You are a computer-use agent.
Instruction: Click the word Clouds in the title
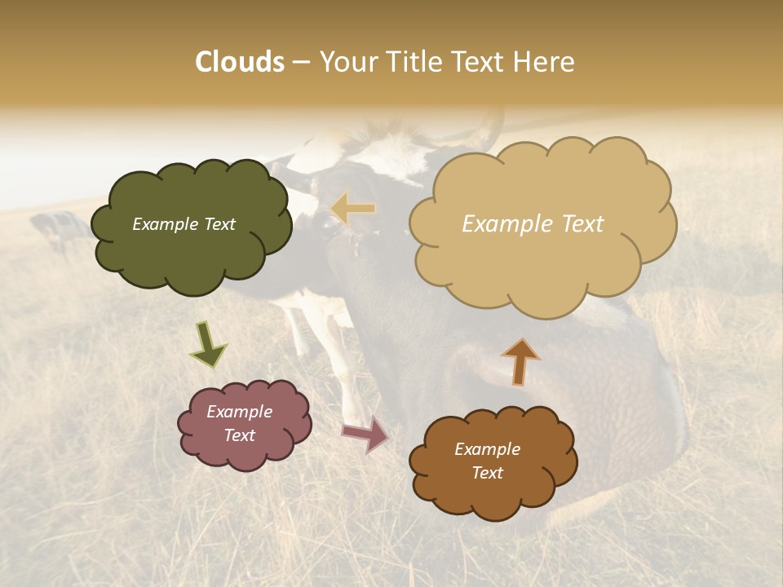click(x=240, y=62)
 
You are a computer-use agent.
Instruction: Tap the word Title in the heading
click(x=421, y=62)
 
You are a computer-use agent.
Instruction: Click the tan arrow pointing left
click(x=353, y=210)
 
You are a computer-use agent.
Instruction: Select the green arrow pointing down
click(x=208, y=345)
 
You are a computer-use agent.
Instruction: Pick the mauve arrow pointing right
click(x=366, y=434)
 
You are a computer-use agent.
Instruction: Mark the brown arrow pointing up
click(x=520, y=361)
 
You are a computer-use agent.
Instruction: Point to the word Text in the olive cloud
click(x=219, y=224)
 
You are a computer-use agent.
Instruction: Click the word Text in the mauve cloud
click(x=240, y=436)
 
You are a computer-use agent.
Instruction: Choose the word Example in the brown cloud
click(x=487, y=449)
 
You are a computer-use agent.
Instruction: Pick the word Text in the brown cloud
click(x=487, y=474)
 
